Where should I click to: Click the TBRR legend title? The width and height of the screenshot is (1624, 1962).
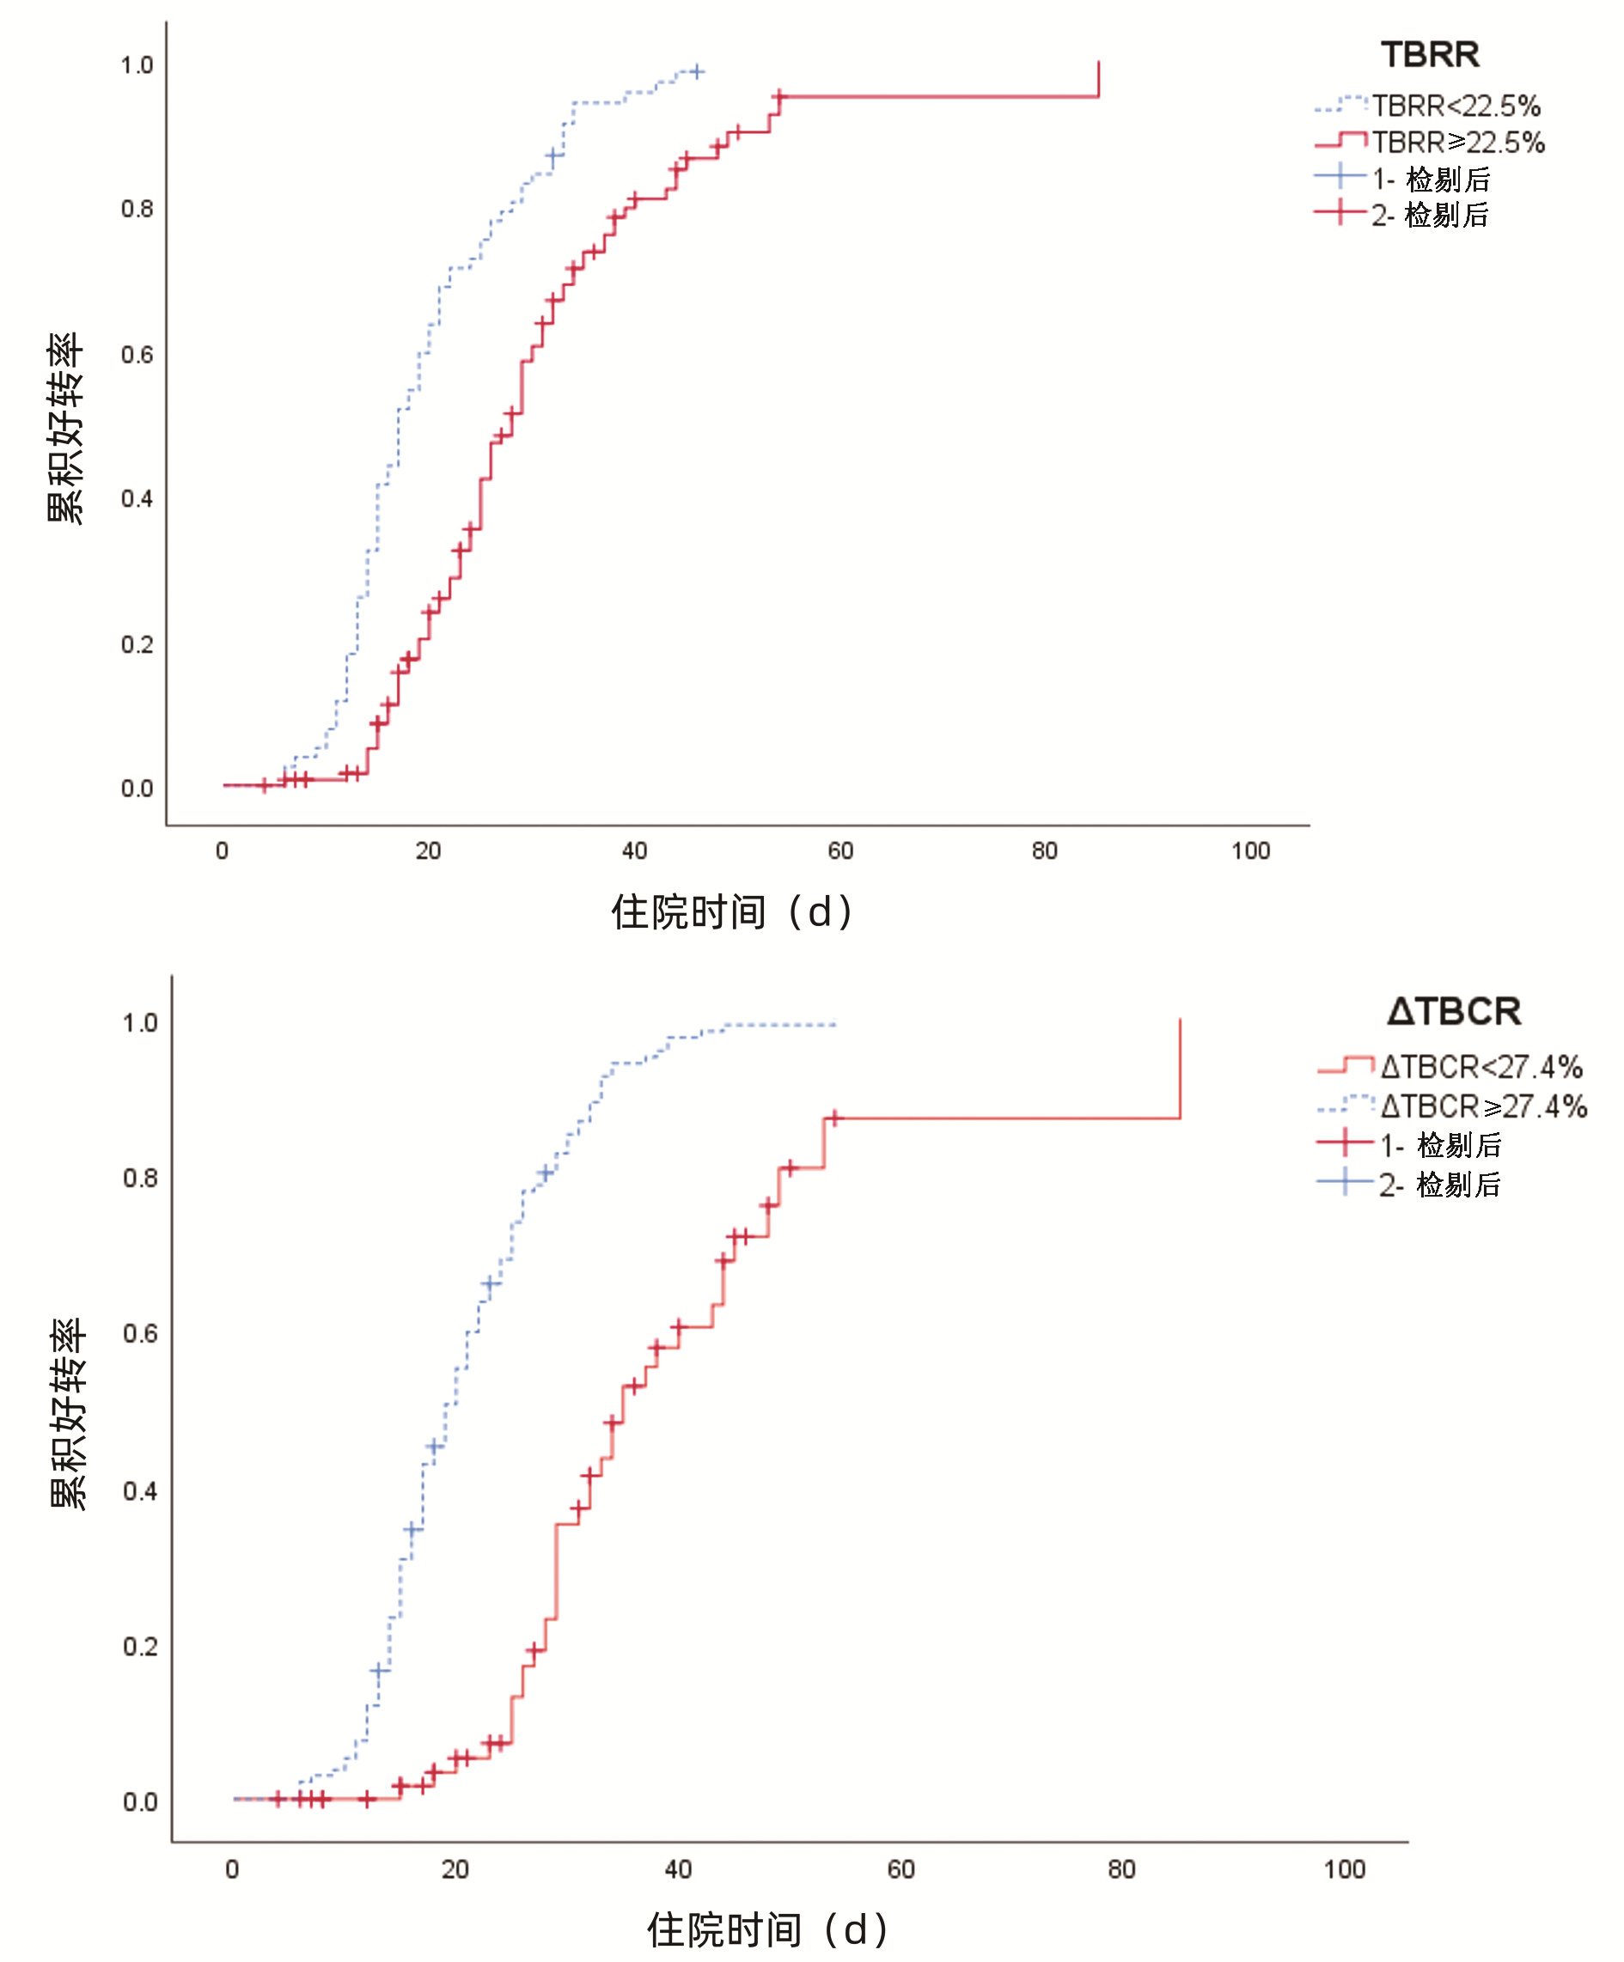tap(1430, 55)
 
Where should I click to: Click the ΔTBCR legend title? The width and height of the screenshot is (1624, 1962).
tap(1454, 1012)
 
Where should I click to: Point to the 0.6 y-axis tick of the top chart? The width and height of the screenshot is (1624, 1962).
tap(137, 355)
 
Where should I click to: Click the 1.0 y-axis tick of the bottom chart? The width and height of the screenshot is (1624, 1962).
tap(140, 1023)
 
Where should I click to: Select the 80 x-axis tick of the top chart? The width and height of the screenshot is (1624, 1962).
tap(1045, 851)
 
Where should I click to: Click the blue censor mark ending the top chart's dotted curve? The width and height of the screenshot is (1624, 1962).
tap(696, 71)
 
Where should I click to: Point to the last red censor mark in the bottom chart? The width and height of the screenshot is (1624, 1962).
tap(834, 1118)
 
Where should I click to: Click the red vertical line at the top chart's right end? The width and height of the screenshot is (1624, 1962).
tap(1098, 79)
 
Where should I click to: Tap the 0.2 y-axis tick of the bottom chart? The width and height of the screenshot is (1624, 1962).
tap(140, 1647)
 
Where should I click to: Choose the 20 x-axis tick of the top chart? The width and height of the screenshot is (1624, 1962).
tap(428, 851)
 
